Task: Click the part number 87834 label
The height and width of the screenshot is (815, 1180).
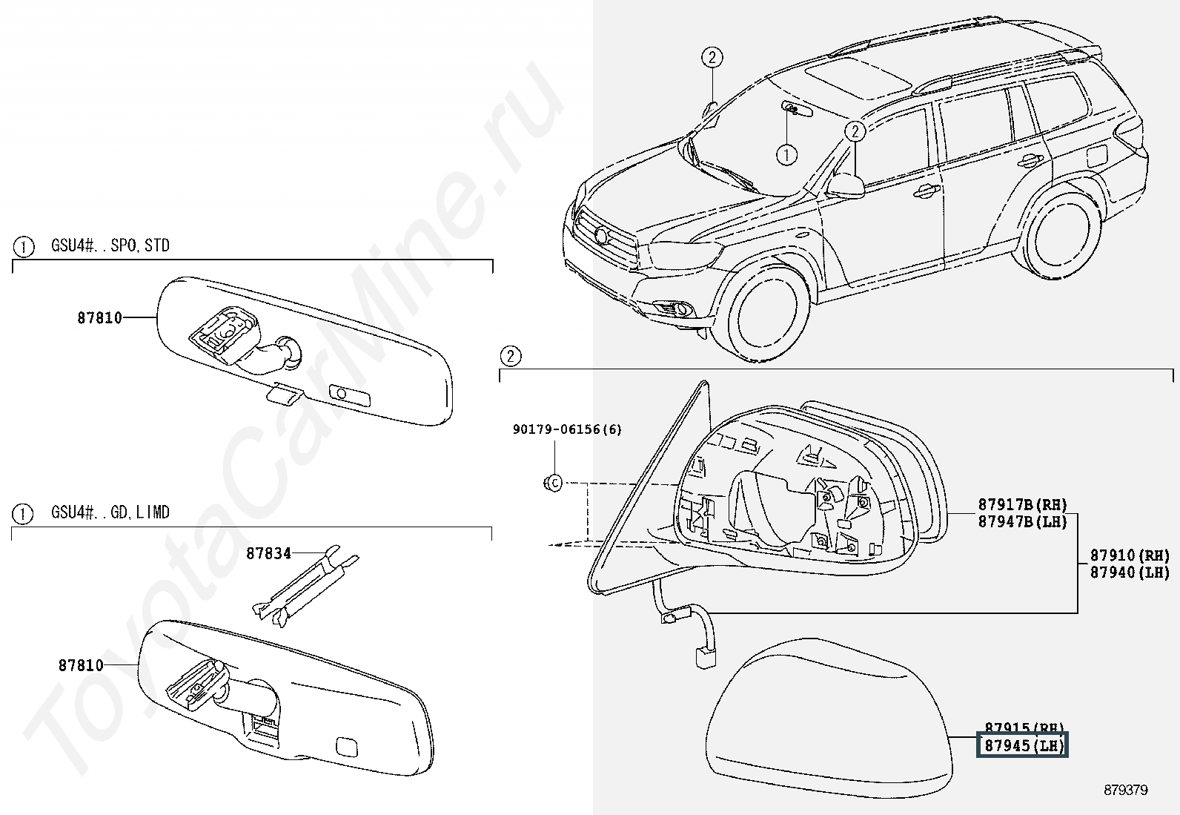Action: pos(268,553)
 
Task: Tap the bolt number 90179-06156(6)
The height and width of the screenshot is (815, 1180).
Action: pos(567,429)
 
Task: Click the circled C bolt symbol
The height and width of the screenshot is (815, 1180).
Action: pos(553,484)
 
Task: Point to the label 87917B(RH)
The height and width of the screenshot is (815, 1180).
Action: pos(1022,506)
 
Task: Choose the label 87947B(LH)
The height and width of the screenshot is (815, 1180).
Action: pos(1022,522)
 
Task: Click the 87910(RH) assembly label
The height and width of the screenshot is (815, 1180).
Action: pos(1129,555)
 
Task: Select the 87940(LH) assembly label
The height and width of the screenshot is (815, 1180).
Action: pos(1129,573)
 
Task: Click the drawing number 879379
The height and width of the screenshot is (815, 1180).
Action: pos(1125,791)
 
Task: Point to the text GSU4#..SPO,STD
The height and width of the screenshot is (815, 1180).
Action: pos(110,245)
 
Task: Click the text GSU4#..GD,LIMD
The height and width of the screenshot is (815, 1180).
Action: pos(110,512)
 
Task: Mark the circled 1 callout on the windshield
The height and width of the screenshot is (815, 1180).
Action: pos(786,154)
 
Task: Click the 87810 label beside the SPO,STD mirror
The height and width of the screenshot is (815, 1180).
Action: pos(99,318)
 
